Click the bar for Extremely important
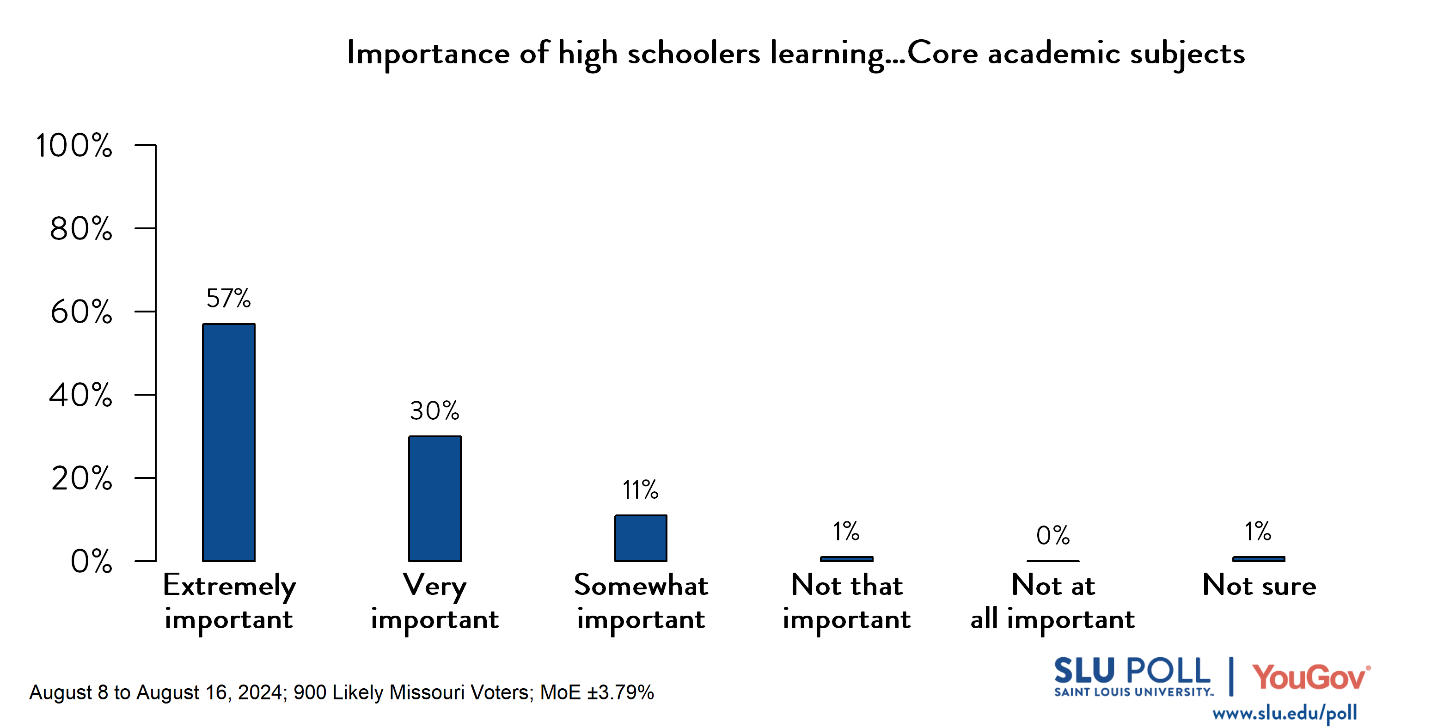[x=228, y=442]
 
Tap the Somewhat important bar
[x=640, y=538]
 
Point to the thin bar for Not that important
[x=846, y=558]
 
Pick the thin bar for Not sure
[x=1258, y=558]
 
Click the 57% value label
[x=228, y=299]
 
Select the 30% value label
[x=434, y=411]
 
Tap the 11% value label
[x=640, y=490]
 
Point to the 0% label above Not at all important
[x=1052, y=535]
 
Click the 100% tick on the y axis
[x=74, y=145]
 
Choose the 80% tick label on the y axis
[x=81, y=229]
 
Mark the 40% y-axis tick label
[x=81, y=395]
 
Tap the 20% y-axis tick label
[x=81, y=478]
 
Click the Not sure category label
[x=1259, y=586]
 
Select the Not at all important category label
[x=1052, y=603]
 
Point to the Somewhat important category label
[x=640, y=603]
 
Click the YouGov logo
[x=1310, y=677]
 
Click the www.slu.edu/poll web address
[x=1284, y=713]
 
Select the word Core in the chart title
[x=942, y=54]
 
